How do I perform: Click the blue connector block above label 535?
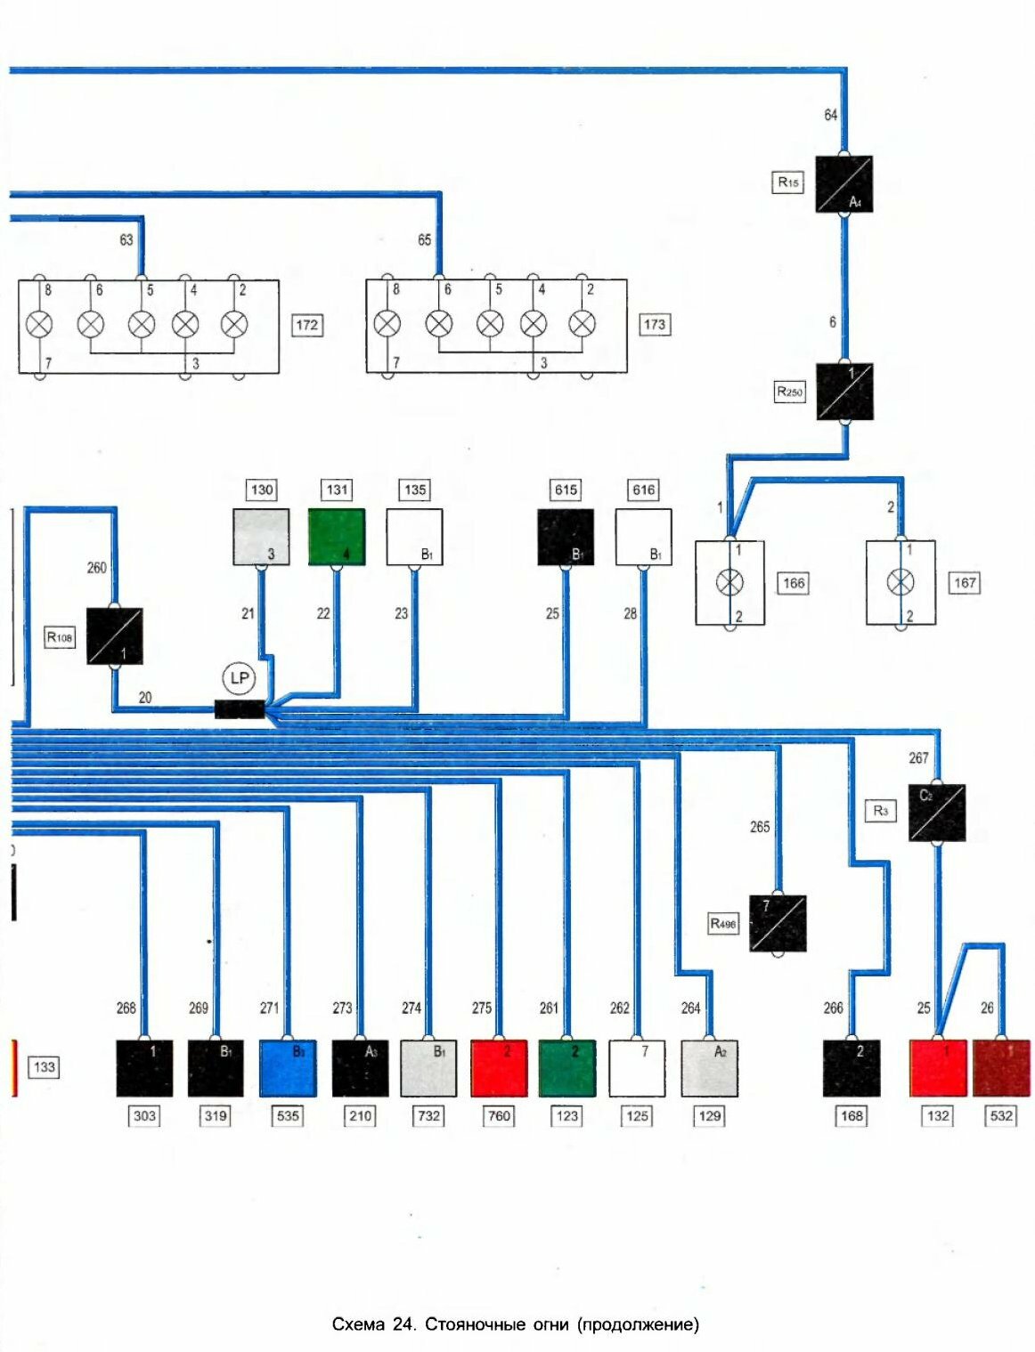[x=288, y=1068]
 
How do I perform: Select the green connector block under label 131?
[x=337, y=537]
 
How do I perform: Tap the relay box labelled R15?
[x=843, y=184]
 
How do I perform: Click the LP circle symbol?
[x=239, y=678]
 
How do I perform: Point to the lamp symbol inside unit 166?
[x=729, y=583]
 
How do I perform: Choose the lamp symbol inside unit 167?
[x=901, y=583]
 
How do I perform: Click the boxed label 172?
[x=306, y=325]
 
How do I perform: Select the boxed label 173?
[x=655, y=325]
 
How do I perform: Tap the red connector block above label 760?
[x=499, y=1068]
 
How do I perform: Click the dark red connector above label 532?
[x=1001, y=1068]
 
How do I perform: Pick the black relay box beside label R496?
[x=778, y=924]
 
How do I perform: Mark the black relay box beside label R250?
[x=844, y=392]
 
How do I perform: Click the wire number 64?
[x=830, y=115]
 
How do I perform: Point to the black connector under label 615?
[x=566, y=537]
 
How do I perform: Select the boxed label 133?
[x=44, y=1066]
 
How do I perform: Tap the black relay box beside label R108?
[x=114, y=636]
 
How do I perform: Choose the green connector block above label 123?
[x=567, y=1068]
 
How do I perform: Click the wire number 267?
[x=918, y=758]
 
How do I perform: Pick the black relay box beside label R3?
[x=936, y=813]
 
